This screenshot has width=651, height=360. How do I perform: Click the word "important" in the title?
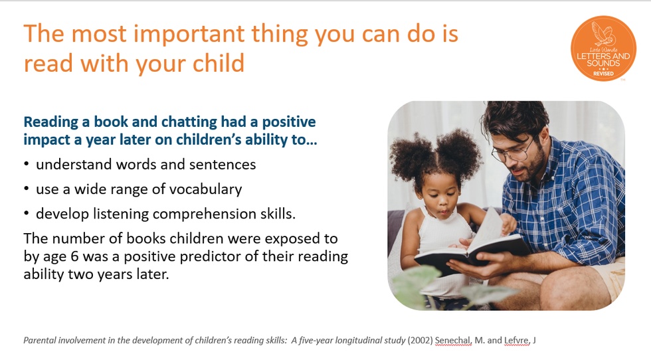[189, 35]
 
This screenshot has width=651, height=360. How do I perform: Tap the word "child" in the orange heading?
[219, 63]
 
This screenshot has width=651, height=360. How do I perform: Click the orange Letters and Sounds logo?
[603, 48]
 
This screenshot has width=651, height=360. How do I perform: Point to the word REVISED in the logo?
[603, 74]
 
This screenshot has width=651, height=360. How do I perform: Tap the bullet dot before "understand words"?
[27, 165]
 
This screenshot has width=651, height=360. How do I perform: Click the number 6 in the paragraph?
[74, 256]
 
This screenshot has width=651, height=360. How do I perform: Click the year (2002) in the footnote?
[420, 341]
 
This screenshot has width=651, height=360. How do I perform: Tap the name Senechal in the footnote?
[453, 341]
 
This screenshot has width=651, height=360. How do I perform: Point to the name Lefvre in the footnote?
[517, 341]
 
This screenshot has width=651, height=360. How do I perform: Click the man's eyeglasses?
[511, 151]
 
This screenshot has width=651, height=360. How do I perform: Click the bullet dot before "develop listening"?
[27, 214]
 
